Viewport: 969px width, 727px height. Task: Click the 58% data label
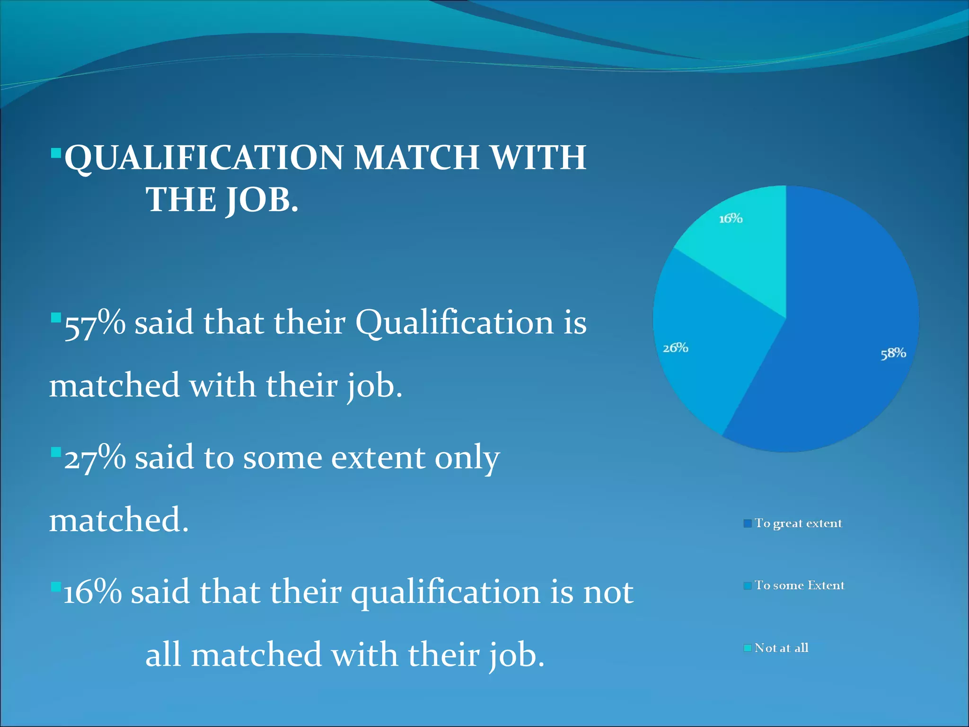[x=893, y=354]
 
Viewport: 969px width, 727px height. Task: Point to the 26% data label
[x=675, y=348]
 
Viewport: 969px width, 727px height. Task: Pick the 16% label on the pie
[x=731, y=219]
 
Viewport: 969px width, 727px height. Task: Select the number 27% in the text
[x=95, y=458]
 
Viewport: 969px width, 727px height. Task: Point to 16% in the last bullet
[x=93, y=592]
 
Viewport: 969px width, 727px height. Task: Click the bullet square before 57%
[x=56, y=317]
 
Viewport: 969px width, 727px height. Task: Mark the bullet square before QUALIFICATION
[x=56, y=153]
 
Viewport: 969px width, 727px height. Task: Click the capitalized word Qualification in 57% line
[x=454, y=323]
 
